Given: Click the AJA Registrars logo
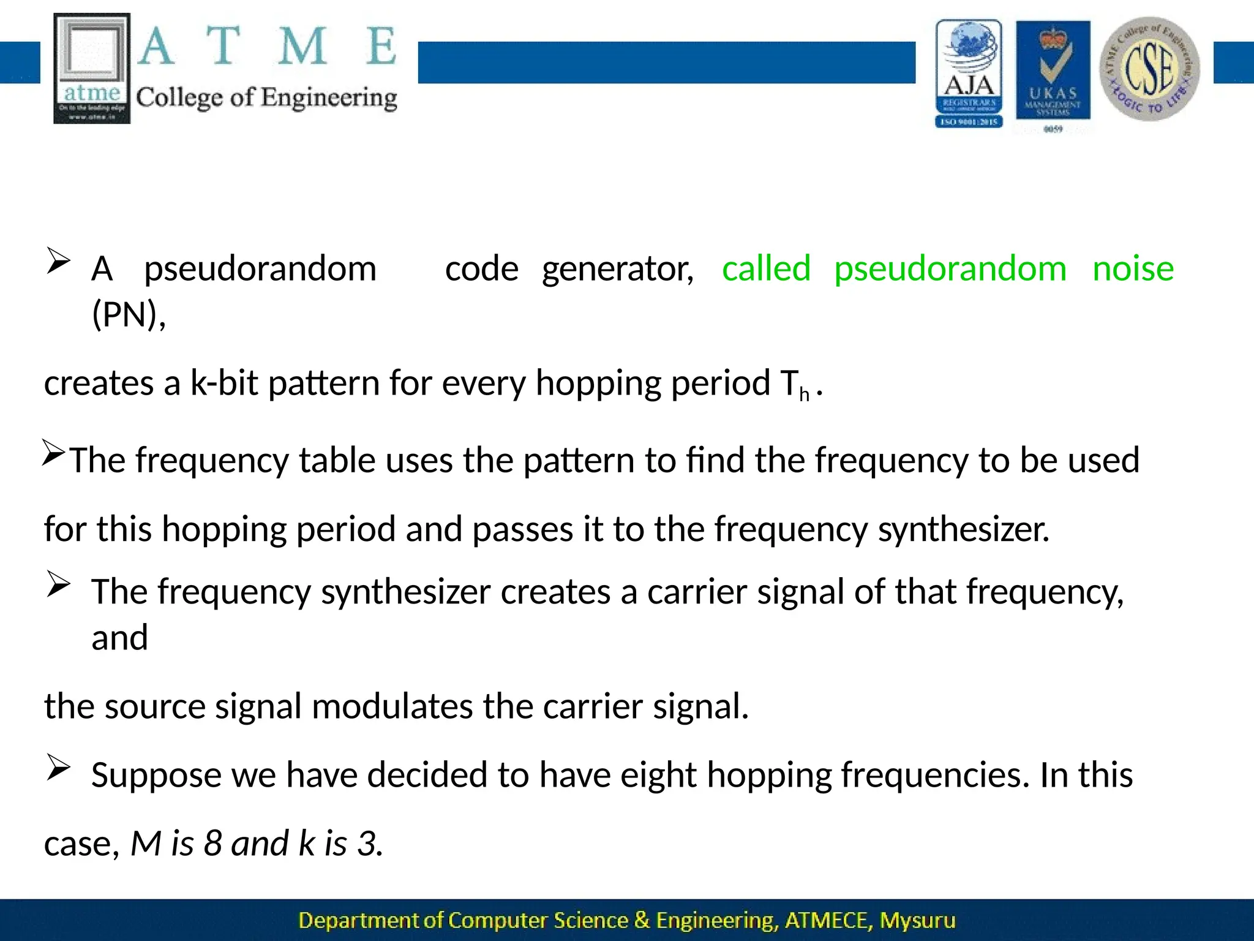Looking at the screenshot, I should click(x=969, y=74).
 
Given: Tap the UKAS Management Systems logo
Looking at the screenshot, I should click(x=1053, y=72).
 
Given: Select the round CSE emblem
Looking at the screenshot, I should click(x=1149, y=69).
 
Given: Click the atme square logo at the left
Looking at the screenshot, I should click(x=92, y=69).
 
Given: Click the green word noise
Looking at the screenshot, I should click(x=1133, y=269).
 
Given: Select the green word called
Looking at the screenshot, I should click(x=766, y=269).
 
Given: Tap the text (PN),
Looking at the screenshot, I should click(x=129, y=315).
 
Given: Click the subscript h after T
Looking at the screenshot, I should click(x=804, y=394).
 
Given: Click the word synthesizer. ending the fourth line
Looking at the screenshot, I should click(x=964, y=529).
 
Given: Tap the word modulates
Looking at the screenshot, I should click(x=392, y=706).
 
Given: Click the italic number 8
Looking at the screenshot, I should click(x=212, y=844).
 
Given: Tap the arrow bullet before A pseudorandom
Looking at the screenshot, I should click(x=58, y=262).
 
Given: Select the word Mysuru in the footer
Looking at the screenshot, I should click(x=917, y=921).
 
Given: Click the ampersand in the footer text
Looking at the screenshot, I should click(x=642, y=920).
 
